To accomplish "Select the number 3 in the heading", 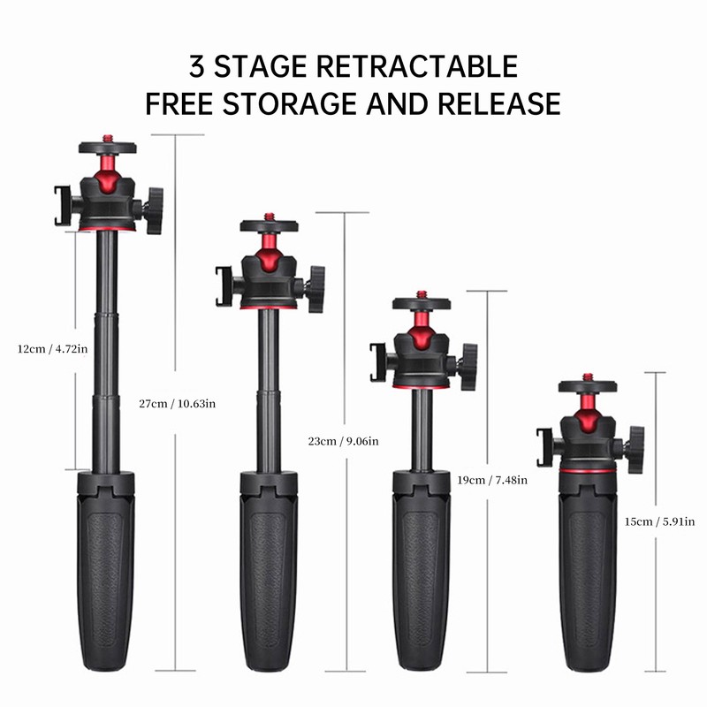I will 199,66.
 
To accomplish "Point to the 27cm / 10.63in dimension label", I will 177,404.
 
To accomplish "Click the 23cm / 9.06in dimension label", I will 342,441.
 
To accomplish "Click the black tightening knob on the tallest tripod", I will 155,209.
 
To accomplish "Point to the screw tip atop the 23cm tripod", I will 269,216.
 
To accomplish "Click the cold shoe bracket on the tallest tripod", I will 62,206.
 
